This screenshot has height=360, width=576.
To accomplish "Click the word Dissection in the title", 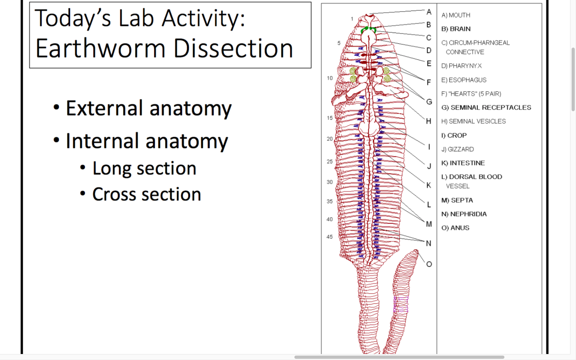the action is (x=234, y=48).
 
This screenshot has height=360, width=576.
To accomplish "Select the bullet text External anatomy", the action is (x=149, y=108).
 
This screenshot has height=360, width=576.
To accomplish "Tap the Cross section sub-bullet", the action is (x=146, y=194).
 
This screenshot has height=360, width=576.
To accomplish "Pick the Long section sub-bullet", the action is (x=144, y=168).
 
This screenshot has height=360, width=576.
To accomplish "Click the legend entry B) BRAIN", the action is (x=456, y=29).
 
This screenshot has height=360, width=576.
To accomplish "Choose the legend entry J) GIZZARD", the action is (x=458, y=149).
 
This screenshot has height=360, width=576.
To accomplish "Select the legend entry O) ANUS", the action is (x=455, y=228).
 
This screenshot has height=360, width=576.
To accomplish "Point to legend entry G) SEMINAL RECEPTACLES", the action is (x=486, y=108).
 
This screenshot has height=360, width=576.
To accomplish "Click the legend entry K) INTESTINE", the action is (x=463, y=163).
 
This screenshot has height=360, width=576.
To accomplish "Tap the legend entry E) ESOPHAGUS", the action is (x=464, y=80).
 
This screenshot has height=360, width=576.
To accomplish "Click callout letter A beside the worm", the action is (x=429, y=12).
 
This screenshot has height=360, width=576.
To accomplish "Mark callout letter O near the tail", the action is (x=429, y=264).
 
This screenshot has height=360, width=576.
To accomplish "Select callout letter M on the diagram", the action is (x=429, y=224).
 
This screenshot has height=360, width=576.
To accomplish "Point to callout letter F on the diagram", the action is (x=429, y=82).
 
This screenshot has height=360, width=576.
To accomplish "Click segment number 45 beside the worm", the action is (x=330, y=237).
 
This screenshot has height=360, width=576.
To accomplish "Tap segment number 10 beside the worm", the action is (x=330, y=78).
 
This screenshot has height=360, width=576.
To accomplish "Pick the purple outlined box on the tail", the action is (x=400, y=305).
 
